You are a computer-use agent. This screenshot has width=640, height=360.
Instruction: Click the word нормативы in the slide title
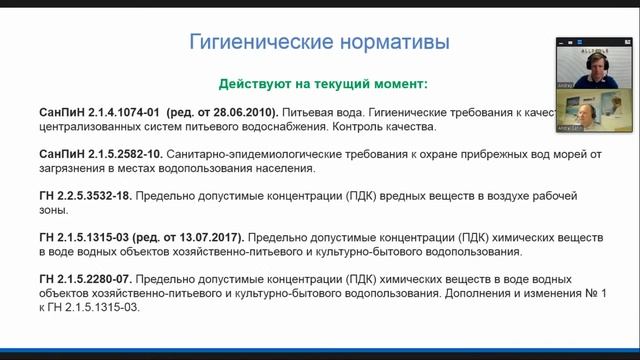(387, 43)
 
